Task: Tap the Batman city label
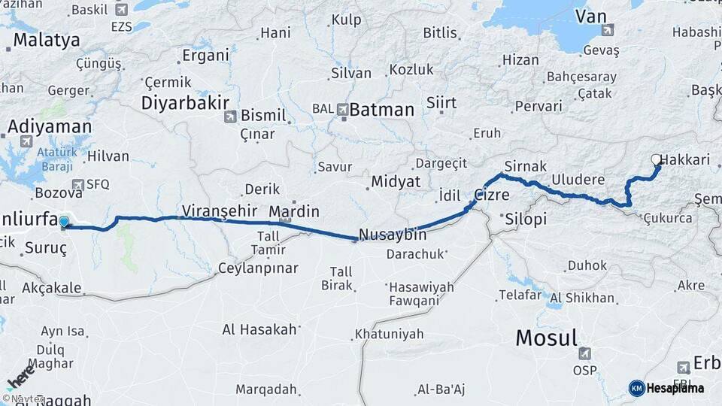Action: click(381, 110)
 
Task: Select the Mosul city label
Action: click(546, 338)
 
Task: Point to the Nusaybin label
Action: click(393, 235)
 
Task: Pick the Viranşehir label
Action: click(220, 211)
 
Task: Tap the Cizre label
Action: click(491, 195)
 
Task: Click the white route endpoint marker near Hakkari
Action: click(656, 160)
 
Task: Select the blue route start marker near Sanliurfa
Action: click(64, 222)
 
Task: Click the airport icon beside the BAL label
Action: click(342, 110)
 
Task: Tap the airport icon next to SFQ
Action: click(78, 183)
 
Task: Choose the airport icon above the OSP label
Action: click(584, 353)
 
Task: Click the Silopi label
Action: click(526, 218)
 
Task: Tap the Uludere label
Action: click(578, 180)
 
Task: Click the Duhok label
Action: click(587, 265)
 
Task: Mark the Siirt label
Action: click(441, 101)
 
